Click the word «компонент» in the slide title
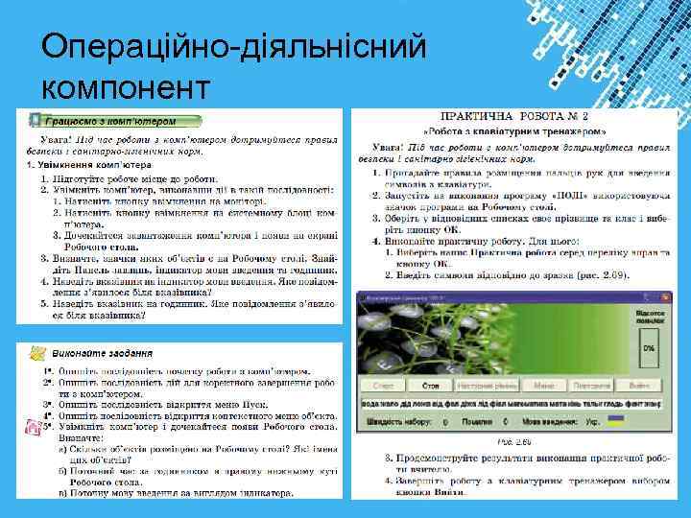pos(126,87)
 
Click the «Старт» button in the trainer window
pos(383,386)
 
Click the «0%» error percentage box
pos(649,347)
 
